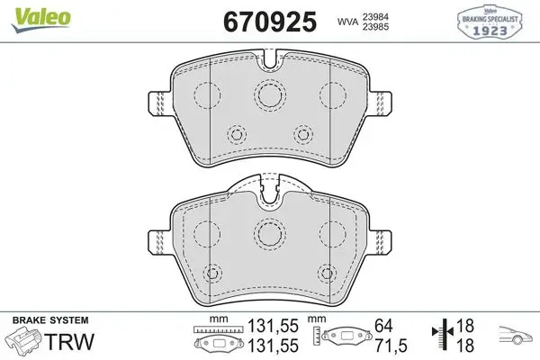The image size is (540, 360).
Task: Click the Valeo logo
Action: coord(41,19)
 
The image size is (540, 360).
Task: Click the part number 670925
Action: coord(270,22)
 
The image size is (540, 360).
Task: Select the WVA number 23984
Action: coord(375,16)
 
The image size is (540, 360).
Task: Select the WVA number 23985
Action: coord(375,27)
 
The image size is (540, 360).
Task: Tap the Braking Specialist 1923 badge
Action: coord(490,22)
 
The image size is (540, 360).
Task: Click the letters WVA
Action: coord(347,22)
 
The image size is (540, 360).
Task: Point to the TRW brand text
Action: coord(69,342)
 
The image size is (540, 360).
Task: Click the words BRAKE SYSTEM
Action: coord(50,320)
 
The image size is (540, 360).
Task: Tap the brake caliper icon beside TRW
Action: coord(25,339)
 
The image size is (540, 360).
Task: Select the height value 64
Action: coord(383,326)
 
